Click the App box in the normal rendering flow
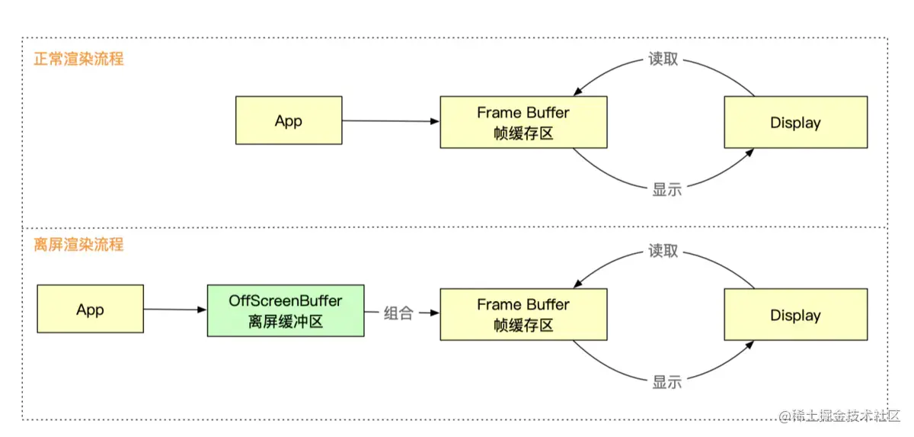pyautogui.click(x=289, y=120)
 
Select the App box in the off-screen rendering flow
pyautogui.click(x=90, y=310)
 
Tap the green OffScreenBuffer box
pyautogui.click(x=286, y=310)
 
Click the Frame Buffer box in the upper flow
pyautogui.click(x=523, y=122)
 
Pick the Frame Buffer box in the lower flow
pyautogui.click(x=523, y=313)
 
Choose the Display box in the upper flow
pyautogui.click(x=795, y=122)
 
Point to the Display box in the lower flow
pyautogui.click(x=795, y=315)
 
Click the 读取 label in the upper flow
pyautogui.click(x=663, y=59)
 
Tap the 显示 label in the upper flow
pyautogui.click(x=667, y=190)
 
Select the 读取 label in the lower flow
pyautogui.click(x=663, y=250)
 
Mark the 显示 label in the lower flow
pyautogui.click(x=667, y=382)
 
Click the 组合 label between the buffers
pyautogui.click(x=398, y=313)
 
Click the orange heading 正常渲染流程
pyautogui.click(x=78, y=59)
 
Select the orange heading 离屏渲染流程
pyautogui.click(x=78, y=245)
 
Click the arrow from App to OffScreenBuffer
pyautogui.click(x=175, y=310)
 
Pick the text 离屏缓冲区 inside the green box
pyautogui.click(x=286, y=322)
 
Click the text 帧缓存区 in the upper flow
pyautogui.click(x=523, y=133)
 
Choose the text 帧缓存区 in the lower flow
pyautogui.click(x=523, y=325)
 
